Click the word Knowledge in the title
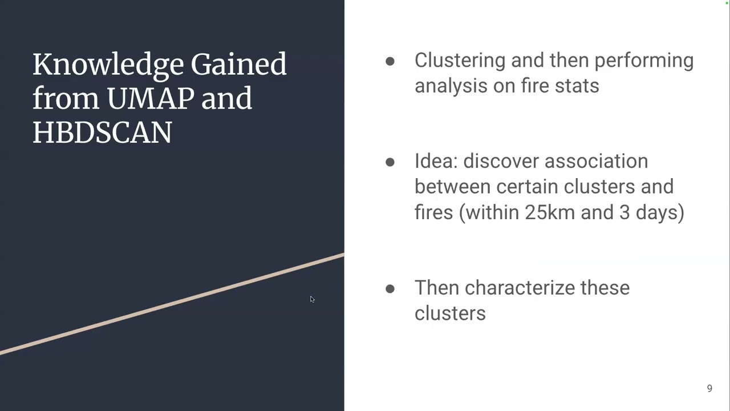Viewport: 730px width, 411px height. tap(107, 65)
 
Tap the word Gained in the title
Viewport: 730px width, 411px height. tap(238, 65)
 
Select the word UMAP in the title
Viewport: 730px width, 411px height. tap(150, 98)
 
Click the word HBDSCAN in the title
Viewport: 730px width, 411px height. tap(102, 132)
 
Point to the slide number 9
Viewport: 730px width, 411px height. tap(709, 389)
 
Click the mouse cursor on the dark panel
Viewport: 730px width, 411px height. tap(312, 299)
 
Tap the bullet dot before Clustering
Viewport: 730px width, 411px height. tap(390, 61)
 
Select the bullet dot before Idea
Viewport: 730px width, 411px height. tap(390, 162)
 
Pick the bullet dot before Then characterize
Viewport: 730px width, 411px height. tap(390, 289)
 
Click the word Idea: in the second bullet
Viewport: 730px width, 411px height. tap(436, 162)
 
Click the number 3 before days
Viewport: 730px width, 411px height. tap(624, 212)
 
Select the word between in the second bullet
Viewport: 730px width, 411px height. tap(452, 187)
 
